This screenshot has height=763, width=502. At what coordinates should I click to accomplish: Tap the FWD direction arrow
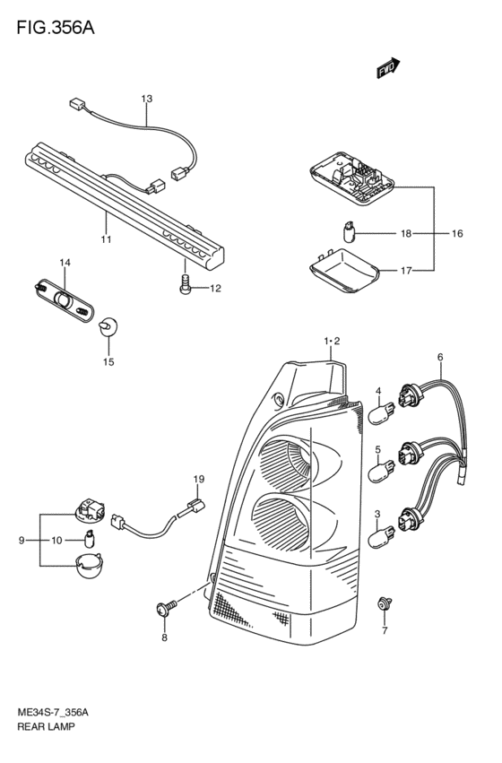coord(387,68)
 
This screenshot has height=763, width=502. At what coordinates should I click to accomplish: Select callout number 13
coord(146,98)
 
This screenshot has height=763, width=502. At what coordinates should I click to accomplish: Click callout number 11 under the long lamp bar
coord(106,239)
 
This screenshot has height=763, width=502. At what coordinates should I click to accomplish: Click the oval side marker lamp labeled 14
coord(65,299)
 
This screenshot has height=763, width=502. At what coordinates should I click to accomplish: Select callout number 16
coord(456,233)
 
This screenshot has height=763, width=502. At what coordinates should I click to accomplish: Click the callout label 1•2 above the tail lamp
coord(332,342)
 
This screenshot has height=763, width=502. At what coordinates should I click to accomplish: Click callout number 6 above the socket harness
coord(440,358)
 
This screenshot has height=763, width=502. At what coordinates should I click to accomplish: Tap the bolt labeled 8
coord(165,610)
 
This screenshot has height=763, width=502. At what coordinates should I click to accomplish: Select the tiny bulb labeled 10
coord(91,538)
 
